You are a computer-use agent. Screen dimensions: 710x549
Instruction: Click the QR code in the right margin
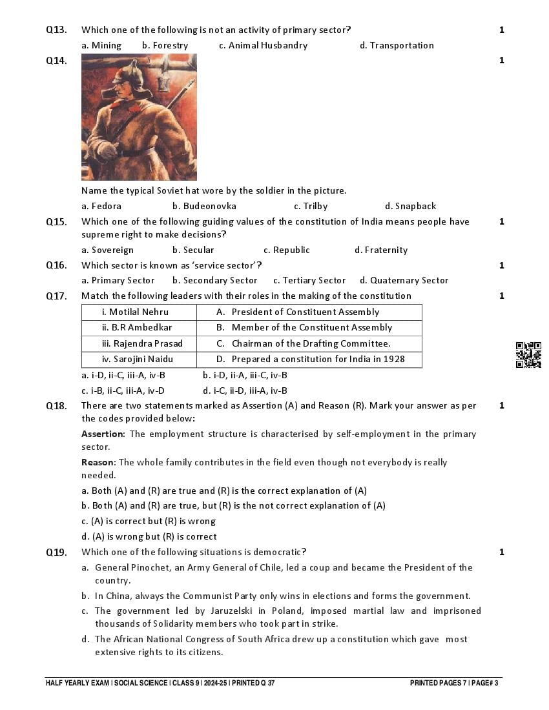tap(528, 355)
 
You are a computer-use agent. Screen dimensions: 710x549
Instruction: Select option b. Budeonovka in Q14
tap(204, 206)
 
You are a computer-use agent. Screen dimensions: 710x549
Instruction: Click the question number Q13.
tap(56, 30)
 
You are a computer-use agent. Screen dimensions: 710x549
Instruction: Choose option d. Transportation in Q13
tap(397, 45)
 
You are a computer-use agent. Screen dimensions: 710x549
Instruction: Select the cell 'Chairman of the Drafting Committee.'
tap(310, 343)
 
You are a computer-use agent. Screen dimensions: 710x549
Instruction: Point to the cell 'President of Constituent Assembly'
tap(305, 312)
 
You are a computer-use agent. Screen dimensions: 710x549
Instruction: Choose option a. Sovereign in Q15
tap(107, 250)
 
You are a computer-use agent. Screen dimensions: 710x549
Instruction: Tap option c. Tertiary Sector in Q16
tap(309, 280)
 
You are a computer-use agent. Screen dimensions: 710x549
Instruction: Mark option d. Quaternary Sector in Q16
tap(404, 280)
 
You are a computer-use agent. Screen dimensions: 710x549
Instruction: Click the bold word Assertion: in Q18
tap(103, 434)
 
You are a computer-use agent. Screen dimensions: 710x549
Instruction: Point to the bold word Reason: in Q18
tap(98, 462)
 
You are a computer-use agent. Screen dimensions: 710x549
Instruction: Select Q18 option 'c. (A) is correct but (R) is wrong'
tap(149, 521)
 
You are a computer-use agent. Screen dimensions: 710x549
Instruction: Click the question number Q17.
tap(56, 296)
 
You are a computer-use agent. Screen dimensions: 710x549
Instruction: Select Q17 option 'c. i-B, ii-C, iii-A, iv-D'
tap(123, 391)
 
